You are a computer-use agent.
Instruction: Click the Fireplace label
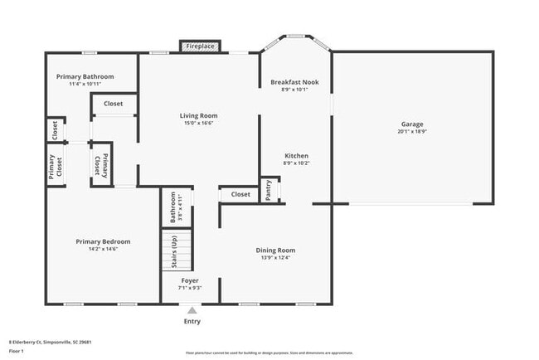tap(200, 46)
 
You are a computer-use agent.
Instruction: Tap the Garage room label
tap(412, 124)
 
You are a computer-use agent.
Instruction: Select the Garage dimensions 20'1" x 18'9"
tap(412, 133)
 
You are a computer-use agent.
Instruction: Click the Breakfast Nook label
tap(294, 82)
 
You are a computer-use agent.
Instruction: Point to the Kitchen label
tap(296, 156)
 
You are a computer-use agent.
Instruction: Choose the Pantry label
tap(269, 190)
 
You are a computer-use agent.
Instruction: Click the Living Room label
tap(199, 115)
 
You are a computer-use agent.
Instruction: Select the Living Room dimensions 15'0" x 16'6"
tap(199, 124)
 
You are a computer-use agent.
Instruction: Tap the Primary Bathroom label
tap(85, 76)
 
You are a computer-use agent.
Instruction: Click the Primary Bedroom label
tap(103, 241)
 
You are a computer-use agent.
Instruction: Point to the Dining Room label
tap(275, 250)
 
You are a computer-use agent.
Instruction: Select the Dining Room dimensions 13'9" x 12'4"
tap(275, 258)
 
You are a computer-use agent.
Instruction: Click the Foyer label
tap(191, 280)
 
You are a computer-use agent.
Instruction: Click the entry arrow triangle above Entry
tap(192, 310)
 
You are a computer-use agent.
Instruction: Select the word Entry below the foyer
tap(192, 322)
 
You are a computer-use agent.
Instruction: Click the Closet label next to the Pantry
tap(240, 194)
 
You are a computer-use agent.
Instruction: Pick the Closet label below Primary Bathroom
tap(114, 104)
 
